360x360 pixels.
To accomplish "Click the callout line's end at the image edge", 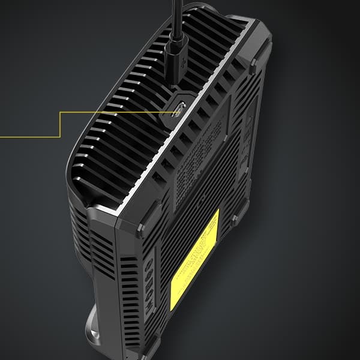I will (2, 137).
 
